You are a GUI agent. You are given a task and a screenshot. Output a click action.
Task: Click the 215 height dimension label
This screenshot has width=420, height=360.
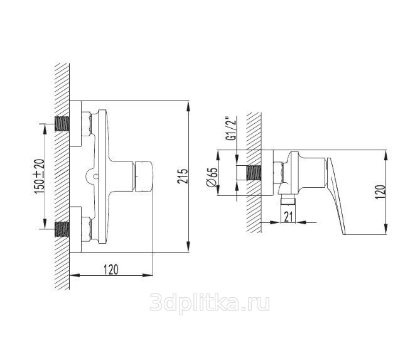(x=183, y=176)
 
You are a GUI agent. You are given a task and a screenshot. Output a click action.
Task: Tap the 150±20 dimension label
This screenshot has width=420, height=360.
(x=40, y=177)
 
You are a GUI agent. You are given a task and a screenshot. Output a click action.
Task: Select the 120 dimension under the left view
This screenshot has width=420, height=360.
(x=111, y=270)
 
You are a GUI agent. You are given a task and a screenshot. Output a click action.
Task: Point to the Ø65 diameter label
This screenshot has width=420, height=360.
(x=212, y=177)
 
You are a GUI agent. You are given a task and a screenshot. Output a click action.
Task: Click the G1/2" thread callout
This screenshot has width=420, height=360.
(x=231, y=128)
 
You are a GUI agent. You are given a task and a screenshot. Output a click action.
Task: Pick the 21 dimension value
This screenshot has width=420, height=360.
(x=288, y=217)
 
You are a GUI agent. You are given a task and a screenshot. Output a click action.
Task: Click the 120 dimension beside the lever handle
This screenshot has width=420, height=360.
(x=380, y=192)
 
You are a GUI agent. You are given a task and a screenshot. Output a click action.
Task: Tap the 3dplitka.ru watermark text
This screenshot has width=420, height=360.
(x=210, y=303)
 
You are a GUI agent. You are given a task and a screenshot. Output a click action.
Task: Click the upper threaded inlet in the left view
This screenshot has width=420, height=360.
(x=62, y=124)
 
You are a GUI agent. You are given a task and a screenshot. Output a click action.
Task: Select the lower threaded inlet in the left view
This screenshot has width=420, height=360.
(x=62, y=229)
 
